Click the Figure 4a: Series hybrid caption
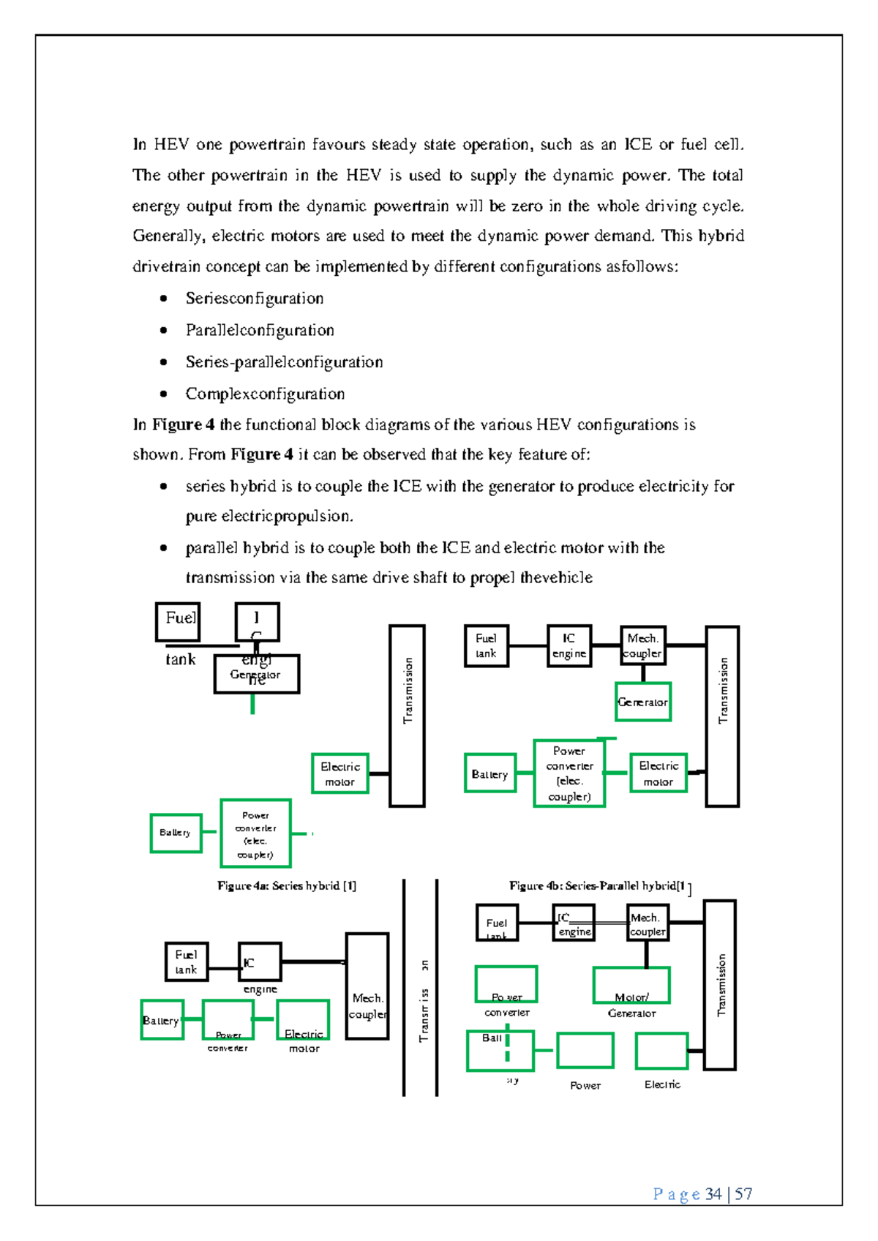(286, 885)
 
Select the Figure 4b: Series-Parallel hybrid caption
(599, 885)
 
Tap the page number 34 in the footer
(713, 1194)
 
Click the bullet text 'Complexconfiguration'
(265, 394)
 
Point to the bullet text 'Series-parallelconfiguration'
(284, 361)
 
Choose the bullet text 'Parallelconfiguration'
(260, 330)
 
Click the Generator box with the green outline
(642, 702)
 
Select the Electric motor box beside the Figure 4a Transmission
(339, 773)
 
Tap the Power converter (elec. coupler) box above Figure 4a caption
(255, 833)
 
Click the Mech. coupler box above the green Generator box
(642, 645)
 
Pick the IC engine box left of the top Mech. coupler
(569, 645)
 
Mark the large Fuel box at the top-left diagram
(178, 620)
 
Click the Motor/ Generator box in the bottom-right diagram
(631, 986)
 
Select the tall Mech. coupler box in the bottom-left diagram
(367, 986)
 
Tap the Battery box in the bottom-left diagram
(162, 1020)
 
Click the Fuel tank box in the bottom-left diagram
(186, 961)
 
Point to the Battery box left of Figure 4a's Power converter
(176, 833)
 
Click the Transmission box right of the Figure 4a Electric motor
(407, 716)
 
